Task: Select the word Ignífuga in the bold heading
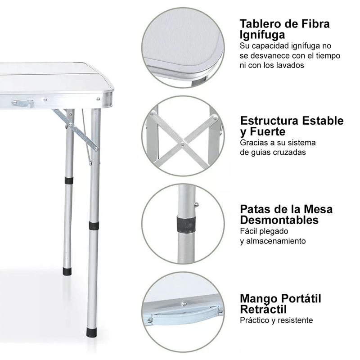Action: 262,35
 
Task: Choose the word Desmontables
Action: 279,220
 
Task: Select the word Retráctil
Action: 263,309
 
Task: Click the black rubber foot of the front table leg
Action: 91,332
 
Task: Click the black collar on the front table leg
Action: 94,226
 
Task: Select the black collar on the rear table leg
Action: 69,180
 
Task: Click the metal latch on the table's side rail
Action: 23,103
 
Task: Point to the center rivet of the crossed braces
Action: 183,144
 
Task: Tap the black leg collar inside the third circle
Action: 186,224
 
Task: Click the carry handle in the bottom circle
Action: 185,316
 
